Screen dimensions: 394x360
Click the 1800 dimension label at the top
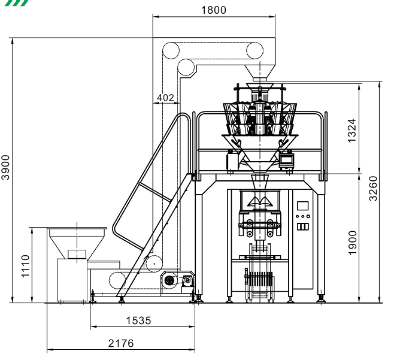214,10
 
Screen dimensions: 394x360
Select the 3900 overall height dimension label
5,168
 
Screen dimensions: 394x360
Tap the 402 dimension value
165,98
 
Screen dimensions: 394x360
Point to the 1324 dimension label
352,131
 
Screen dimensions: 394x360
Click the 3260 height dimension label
373,189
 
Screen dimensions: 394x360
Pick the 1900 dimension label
352,243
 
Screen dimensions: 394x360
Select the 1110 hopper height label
26,266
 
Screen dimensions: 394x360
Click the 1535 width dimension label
138,320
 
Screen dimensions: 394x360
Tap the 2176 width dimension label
121,343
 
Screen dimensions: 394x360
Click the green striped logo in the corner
17,3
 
